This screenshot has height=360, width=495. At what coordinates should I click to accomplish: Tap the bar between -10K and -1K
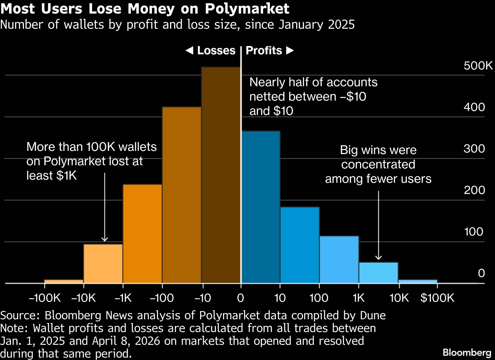click(103, 263)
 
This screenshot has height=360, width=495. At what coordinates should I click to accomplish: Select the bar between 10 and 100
click(300, 245)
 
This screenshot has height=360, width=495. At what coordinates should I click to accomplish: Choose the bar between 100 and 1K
click(339, 259)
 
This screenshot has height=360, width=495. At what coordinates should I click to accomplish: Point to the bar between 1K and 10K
click(378, 273)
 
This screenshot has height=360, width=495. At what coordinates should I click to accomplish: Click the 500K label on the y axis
click(478, 65)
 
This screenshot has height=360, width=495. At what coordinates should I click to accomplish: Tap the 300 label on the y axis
click(474, 148)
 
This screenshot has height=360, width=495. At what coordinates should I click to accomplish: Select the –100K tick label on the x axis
click(45, 298)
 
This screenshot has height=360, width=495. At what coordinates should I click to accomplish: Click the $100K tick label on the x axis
click(437, 298)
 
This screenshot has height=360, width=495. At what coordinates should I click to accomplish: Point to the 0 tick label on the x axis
click(241, 298)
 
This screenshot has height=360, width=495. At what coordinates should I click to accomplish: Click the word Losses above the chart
click(216, 51)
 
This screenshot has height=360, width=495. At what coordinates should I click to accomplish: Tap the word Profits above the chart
click(264, 51)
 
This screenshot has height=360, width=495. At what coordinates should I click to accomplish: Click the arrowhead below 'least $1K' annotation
click(105, 239)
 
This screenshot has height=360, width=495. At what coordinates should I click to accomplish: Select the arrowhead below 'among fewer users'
click(378, 258)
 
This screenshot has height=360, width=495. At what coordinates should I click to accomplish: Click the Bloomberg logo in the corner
click(467, 353)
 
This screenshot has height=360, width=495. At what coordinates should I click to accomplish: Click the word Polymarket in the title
click(247, 9)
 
